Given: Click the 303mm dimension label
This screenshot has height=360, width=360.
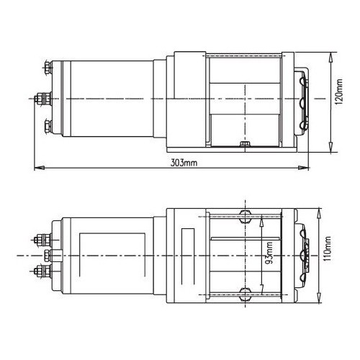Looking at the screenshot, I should (x=184, y=163).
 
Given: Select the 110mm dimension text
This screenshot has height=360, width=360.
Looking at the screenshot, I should (x=328, y=251).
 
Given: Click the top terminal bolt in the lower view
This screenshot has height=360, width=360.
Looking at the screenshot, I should (x=41, y=238).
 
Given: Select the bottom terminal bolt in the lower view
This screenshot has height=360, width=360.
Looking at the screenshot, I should (x=41, y=272).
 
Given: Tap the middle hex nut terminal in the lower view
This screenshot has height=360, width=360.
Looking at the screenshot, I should (x=48, y=256).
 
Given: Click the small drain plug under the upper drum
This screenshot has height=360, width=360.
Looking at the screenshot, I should (x=244, y=145).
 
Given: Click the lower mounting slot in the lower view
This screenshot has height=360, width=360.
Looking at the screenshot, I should (x=244, y=293).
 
